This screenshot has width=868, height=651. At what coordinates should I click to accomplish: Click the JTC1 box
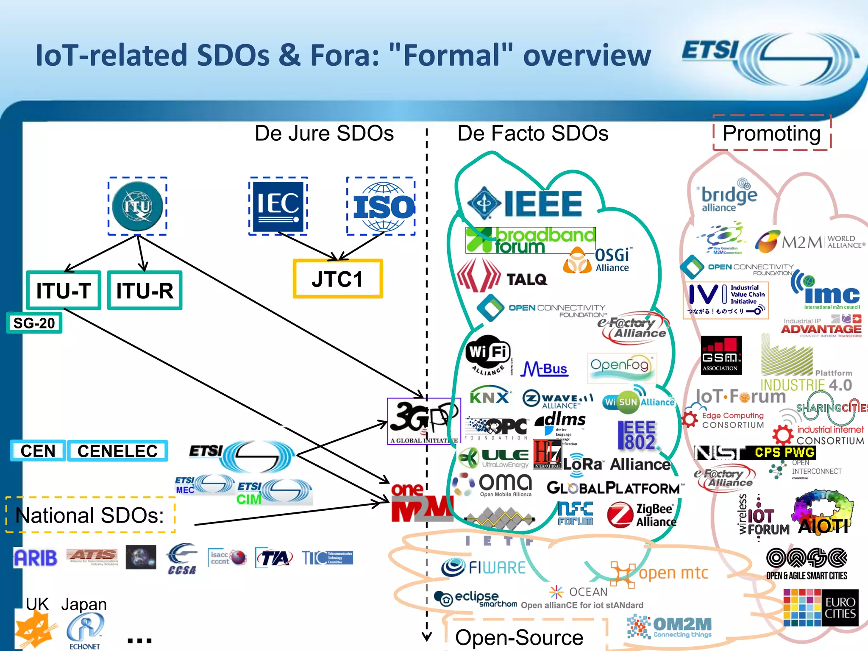click(338, 279)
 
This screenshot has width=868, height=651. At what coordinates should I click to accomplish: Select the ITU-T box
click(64, 290)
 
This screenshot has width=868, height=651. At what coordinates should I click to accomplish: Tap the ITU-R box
click(145, 290)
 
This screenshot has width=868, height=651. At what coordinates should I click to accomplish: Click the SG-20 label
click(34, 323)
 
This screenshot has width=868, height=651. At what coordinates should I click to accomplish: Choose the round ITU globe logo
click(137, 206)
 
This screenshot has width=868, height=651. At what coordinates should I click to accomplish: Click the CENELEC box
click(117, 451)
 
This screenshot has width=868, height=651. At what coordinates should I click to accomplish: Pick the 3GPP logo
click(423, 421)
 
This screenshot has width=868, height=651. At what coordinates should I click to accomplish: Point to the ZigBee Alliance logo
click(642, 515)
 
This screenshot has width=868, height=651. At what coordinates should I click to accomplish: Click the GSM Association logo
click(721, 355)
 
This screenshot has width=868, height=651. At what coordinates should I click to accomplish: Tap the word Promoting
click(771, 133)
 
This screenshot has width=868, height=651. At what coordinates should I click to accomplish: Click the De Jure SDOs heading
click(324, 133)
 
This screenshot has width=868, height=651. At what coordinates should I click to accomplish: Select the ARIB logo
click(35, 558)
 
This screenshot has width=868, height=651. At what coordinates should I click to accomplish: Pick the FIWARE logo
click(484, 568)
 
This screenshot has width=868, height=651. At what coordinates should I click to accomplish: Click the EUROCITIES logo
click(821, 608)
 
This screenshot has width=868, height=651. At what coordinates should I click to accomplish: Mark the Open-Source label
click(519, 637)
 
